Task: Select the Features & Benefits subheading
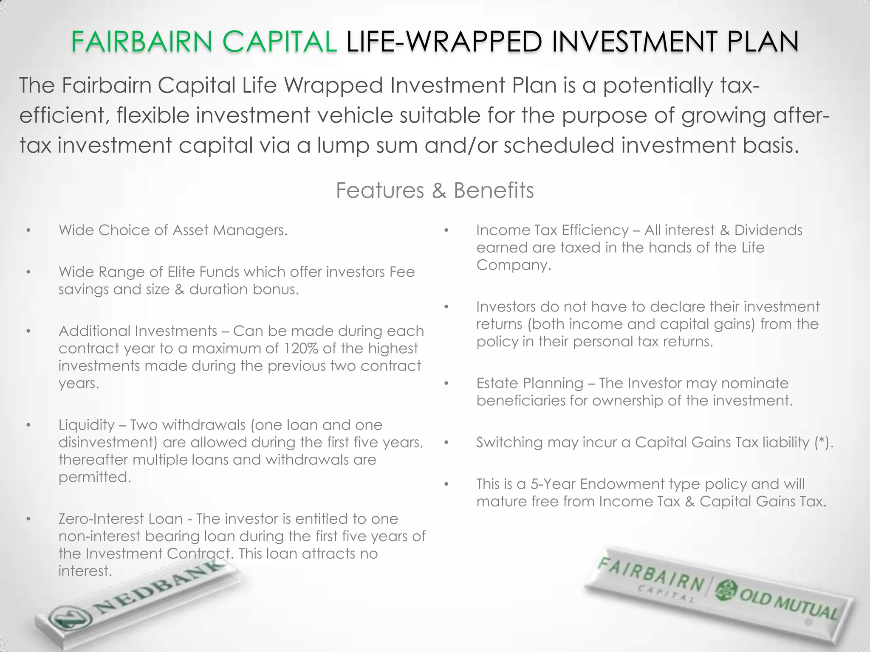[x=435, y=190]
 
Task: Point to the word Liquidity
[x=87, y=425]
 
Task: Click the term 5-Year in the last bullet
[x=553, y=484]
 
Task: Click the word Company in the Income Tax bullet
[x=513, y=265]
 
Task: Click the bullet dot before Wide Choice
[x=28, y=230]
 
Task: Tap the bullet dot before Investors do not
[x=446, y=307]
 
